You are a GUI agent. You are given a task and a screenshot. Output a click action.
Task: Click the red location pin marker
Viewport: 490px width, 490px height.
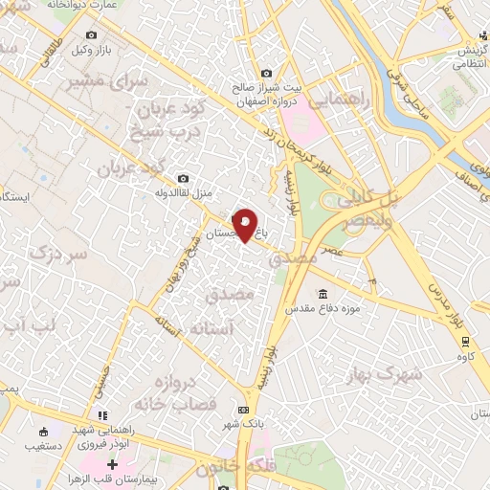click(245, 225)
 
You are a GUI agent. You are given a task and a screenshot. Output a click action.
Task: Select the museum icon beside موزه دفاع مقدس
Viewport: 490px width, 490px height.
click(323, 293)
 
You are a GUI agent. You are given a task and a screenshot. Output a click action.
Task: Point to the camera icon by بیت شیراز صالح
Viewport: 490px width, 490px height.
click(266, 73)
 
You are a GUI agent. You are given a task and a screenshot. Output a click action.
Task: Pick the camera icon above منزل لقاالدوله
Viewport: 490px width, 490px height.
click(183, 178)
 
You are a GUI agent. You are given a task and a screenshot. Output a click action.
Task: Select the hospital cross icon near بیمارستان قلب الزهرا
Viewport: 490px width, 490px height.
click(114, 464)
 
